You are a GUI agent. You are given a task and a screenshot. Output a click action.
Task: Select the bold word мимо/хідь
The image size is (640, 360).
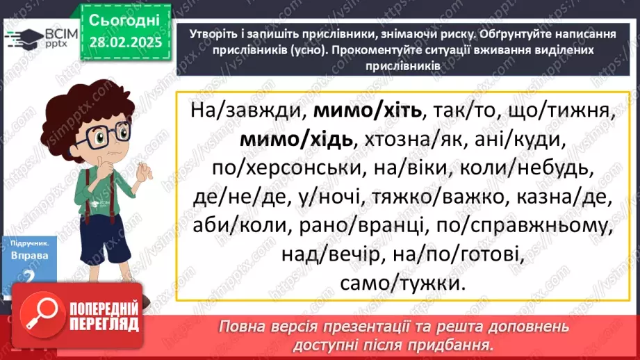[297, 140]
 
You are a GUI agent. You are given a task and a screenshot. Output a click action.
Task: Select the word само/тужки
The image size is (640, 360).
[401, 284]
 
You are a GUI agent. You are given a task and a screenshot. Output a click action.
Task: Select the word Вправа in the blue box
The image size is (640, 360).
[30, 256]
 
